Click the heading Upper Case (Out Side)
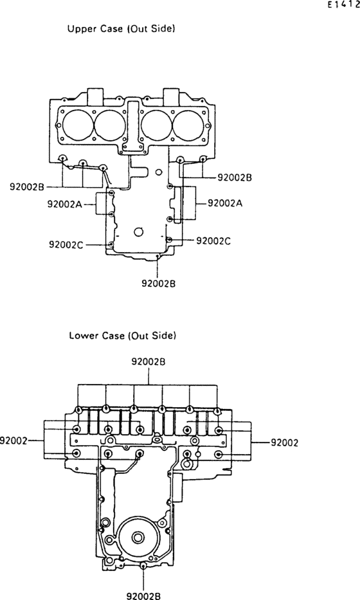tap(122, 29)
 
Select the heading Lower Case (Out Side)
tap(122, 336)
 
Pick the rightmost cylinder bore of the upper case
tap(190, 125)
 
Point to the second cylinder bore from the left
tap(109, 125)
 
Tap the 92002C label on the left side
tap(66, 244)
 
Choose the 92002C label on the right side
tap(213, 241)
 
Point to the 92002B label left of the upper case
tap(26, 187)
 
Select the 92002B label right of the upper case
tap(235, 176)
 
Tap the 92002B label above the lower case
tap(149, 361)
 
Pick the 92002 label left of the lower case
tap(14, 441)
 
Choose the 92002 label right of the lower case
tap(283, 442)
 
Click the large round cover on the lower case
tap(138, 537)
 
